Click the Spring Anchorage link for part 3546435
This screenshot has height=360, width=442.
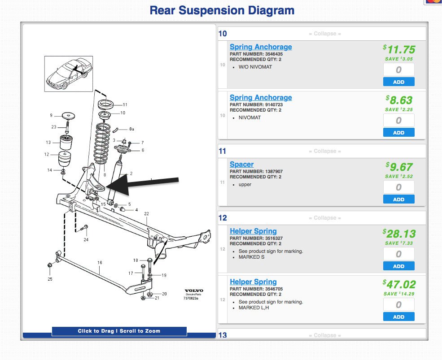point(261,47)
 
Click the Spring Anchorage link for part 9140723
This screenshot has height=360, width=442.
point(261,97)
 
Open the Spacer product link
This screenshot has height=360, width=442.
point(241,164)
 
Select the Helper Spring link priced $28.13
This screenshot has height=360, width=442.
point(253,231)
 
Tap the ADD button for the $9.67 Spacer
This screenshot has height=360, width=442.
point(398,199)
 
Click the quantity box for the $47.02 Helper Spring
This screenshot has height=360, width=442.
point(398,304)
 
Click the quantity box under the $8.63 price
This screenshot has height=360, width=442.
point(398,120)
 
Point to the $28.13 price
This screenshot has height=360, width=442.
point(399,234)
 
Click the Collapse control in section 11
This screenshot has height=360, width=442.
point(325,151)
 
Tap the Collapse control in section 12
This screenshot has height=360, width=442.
point(325,218)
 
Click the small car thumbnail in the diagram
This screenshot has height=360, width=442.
point(69,74)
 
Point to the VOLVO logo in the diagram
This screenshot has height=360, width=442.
point(194,291)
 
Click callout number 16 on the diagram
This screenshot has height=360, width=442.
point(100,263)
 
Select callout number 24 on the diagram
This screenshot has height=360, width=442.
point(86,240)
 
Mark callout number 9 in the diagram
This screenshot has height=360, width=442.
point(51,115)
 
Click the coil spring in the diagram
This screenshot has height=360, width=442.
point(102,143)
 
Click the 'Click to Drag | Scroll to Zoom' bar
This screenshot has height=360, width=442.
point(119,331)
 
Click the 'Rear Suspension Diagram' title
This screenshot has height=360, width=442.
point(222,10)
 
